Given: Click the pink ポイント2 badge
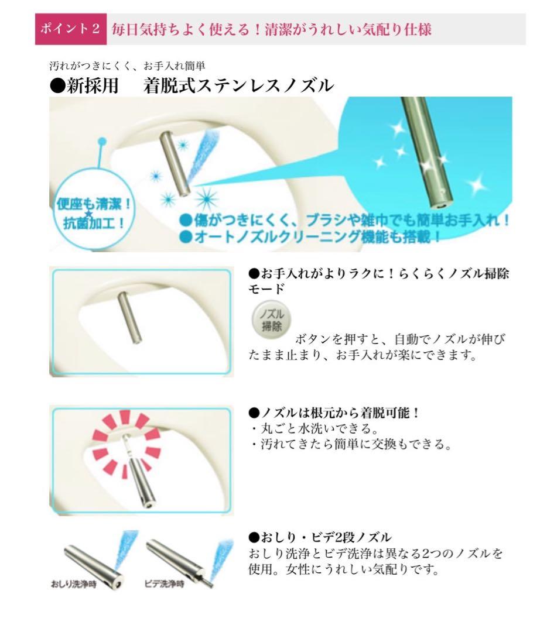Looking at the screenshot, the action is (x=71, y=29).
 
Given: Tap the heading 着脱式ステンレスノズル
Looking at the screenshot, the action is (x=238, y=85).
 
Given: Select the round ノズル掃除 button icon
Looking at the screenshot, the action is (x=271, y=320).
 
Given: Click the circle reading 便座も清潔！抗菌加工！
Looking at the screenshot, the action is (x=94, y=209).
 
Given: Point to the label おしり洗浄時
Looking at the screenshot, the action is (x=74, y=584).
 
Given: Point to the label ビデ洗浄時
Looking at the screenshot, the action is (x=164, y=584).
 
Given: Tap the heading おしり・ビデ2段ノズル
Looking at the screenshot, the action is (x=320, y=537).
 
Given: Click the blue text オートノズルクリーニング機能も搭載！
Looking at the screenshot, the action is (x=310, y=236).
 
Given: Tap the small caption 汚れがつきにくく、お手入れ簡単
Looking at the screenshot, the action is (x=128, y=66).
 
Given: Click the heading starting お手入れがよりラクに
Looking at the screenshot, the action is (x=379, y=281).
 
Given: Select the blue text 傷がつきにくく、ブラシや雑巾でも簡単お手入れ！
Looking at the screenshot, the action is (x=344, y=221).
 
